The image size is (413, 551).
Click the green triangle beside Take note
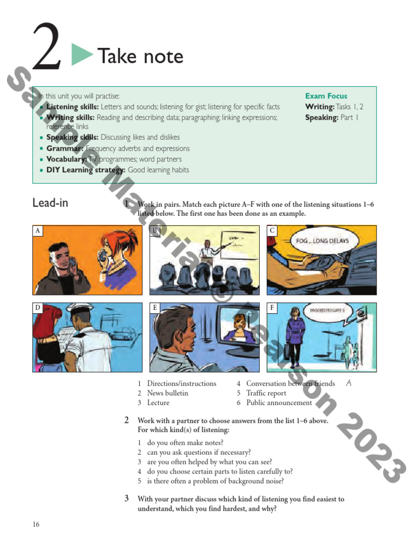[x=82, y=55]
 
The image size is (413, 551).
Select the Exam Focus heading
[x=326, y=96]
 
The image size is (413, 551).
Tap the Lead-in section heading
[x=50, y=203]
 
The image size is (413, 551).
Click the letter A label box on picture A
[x=38, y=231]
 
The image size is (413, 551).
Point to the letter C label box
[x=272, y=231]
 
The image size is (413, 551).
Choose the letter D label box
[x=38, y=308]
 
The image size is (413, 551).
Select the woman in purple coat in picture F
[x=295, y=336]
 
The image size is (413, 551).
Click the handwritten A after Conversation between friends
[x=348, y=383]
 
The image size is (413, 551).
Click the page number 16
[x=35, y=525]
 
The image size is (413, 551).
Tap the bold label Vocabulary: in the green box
[x=67, y=159]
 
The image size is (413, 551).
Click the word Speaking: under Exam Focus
[x=321, y=117]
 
